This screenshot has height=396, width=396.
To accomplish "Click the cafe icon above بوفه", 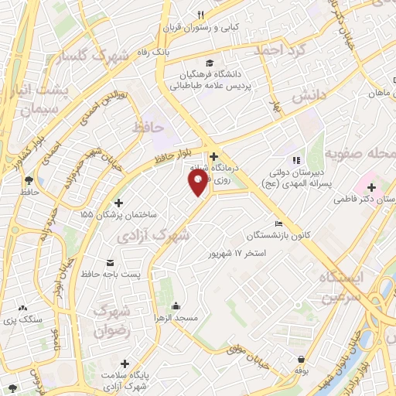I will [300, 358].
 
